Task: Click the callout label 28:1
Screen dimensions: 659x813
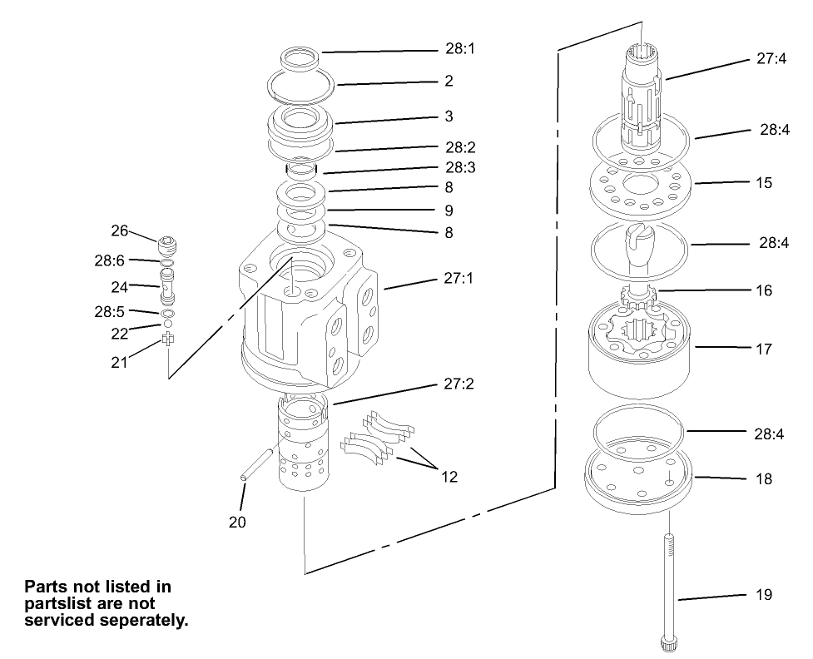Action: [x=459, y=50]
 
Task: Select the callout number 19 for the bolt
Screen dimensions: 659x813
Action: [x=763, y=595]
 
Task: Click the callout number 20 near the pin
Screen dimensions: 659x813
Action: [x=237, y=523]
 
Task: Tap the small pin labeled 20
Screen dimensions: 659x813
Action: [x=255, y=463]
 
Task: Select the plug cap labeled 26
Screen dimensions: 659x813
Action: [x=169, y=245]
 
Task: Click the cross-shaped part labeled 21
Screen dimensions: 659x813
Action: [x=168, y=339]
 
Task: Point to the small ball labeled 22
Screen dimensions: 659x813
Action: [x=167, y=323]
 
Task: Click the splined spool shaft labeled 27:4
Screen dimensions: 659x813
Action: [x=644, y=92]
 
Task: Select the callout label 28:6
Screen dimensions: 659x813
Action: [x=109, y=260]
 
